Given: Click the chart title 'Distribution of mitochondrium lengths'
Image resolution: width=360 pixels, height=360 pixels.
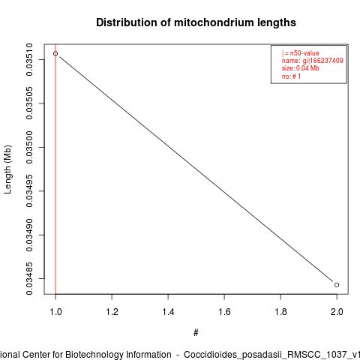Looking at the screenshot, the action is click(196, 22).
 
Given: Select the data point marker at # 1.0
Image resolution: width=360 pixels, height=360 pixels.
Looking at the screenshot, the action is click(55, 53).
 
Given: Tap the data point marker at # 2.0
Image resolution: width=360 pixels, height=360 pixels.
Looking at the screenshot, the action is click(337, 285).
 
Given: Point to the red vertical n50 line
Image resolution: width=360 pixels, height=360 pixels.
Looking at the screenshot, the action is click(55, 169).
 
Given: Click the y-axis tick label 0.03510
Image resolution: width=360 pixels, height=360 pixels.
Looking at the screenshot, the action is click(29, 59).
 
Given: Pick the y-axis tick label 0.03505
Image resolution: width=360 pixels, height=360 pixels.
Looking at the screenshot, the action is click(29, 103).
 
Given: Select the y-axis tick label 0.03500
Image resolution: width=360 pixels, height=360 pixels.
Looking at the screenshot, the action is click(29, 147).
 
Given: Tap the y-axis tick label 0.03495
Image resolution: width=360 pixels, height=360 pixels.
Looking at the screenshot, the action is click(29, 191).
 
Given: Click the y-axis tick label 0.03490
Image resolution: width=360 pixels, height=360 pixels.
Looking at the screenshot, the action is click(29, 235).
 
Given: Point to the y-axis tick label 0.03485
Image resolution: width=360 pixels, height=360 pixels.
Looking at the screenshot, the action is click(29, 278).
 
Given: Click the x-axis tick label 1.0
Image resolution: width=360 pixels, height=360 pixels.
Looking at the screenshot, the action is click(55, 312).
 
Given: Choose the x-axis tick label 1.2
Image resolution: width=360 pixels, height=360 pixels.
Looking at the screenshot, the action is click(112, 312).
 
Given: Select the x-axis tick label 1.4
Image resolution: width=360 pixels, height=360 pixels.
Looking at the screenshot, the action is click(168, 312).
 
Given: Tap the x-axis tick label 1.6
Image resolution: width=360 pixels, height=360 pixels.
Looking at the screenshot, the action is click(224, 312).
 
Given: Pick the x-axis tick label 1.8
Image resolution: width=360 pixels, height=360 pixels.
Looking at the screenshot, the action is click(280, 312).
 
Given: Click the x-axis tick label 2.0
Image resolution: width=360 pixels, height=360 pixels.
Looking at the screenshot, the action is click(337, 312).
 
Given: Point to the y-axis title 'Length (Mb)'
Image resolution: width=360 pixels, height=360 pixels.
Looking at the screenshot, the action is click(7, 169).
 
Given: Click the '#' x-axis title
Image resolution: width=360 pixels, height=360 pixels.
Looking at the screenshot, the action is click(196, 333).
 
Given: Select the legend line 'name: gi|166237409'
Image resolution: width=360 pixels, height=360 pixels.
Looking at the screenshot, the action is click(313, 61).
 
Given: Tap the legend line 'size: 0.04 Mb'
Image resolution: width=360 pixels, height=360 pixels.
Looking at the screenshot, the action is click(301, 68).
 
